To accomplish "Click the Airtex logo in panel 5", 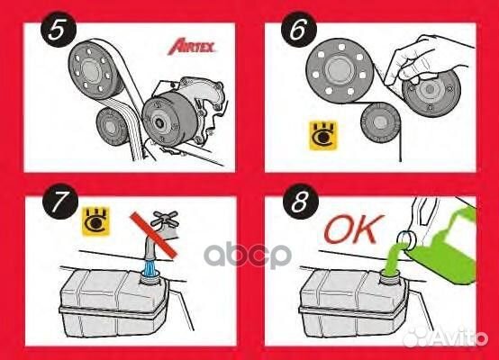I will point(195,47).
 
